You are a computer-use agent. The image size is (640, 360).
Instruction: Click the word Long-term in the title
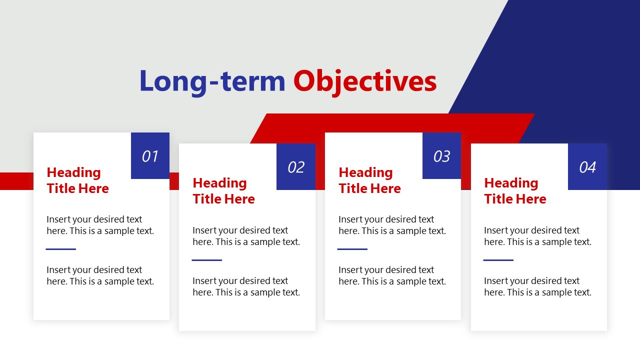(212, 81)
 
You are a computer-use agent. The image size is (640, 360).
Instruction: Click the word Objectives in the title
(364, 81)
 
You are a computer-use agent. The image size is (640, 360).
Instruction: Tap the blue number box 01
(150, 156)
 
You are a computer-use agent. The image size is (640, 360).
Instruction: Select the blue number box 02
(295, 167)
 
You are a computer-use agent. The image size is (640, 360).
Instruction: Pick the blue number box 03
(441, 156)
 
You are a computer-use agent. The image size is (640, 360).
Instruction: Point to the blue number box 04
(587, 167)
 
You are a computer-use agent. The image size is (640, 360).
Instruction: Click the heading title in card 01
(77, 180)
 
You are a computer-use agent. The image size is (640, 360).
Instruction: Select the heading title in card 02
(223, 191)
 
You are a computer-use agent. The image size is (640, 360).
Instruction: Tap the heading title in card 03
(369, 180)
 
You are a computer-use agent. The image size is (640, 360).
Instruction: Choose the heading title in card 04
(515, 191)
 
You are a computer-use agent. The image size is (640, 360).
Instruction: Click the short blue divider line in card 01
(61, 249)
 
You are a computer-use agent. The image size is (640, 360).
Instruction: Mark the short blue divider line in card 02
(207, 260)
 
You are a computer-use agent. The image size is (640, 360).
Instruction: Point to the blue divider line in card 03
(352, 249)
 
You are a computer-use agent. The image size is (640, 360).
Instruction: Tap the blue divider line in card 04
(498, 260)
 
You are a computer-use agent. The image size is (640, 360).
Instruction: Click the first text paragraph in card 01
(100, 225)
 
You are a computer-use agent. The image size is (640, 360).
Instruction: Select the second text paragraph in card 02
(246, 286)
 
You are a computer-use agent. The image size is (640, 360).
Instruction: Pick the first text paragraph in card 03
(392, 225)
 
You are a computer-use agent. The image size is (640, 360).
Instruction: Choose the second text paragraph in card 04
(537, 286)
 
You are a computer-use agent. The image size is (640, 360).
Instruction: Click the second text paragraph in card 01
(100, 275)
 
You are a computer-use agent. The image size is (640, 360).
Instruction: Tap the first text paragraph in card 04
(537, 236)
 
